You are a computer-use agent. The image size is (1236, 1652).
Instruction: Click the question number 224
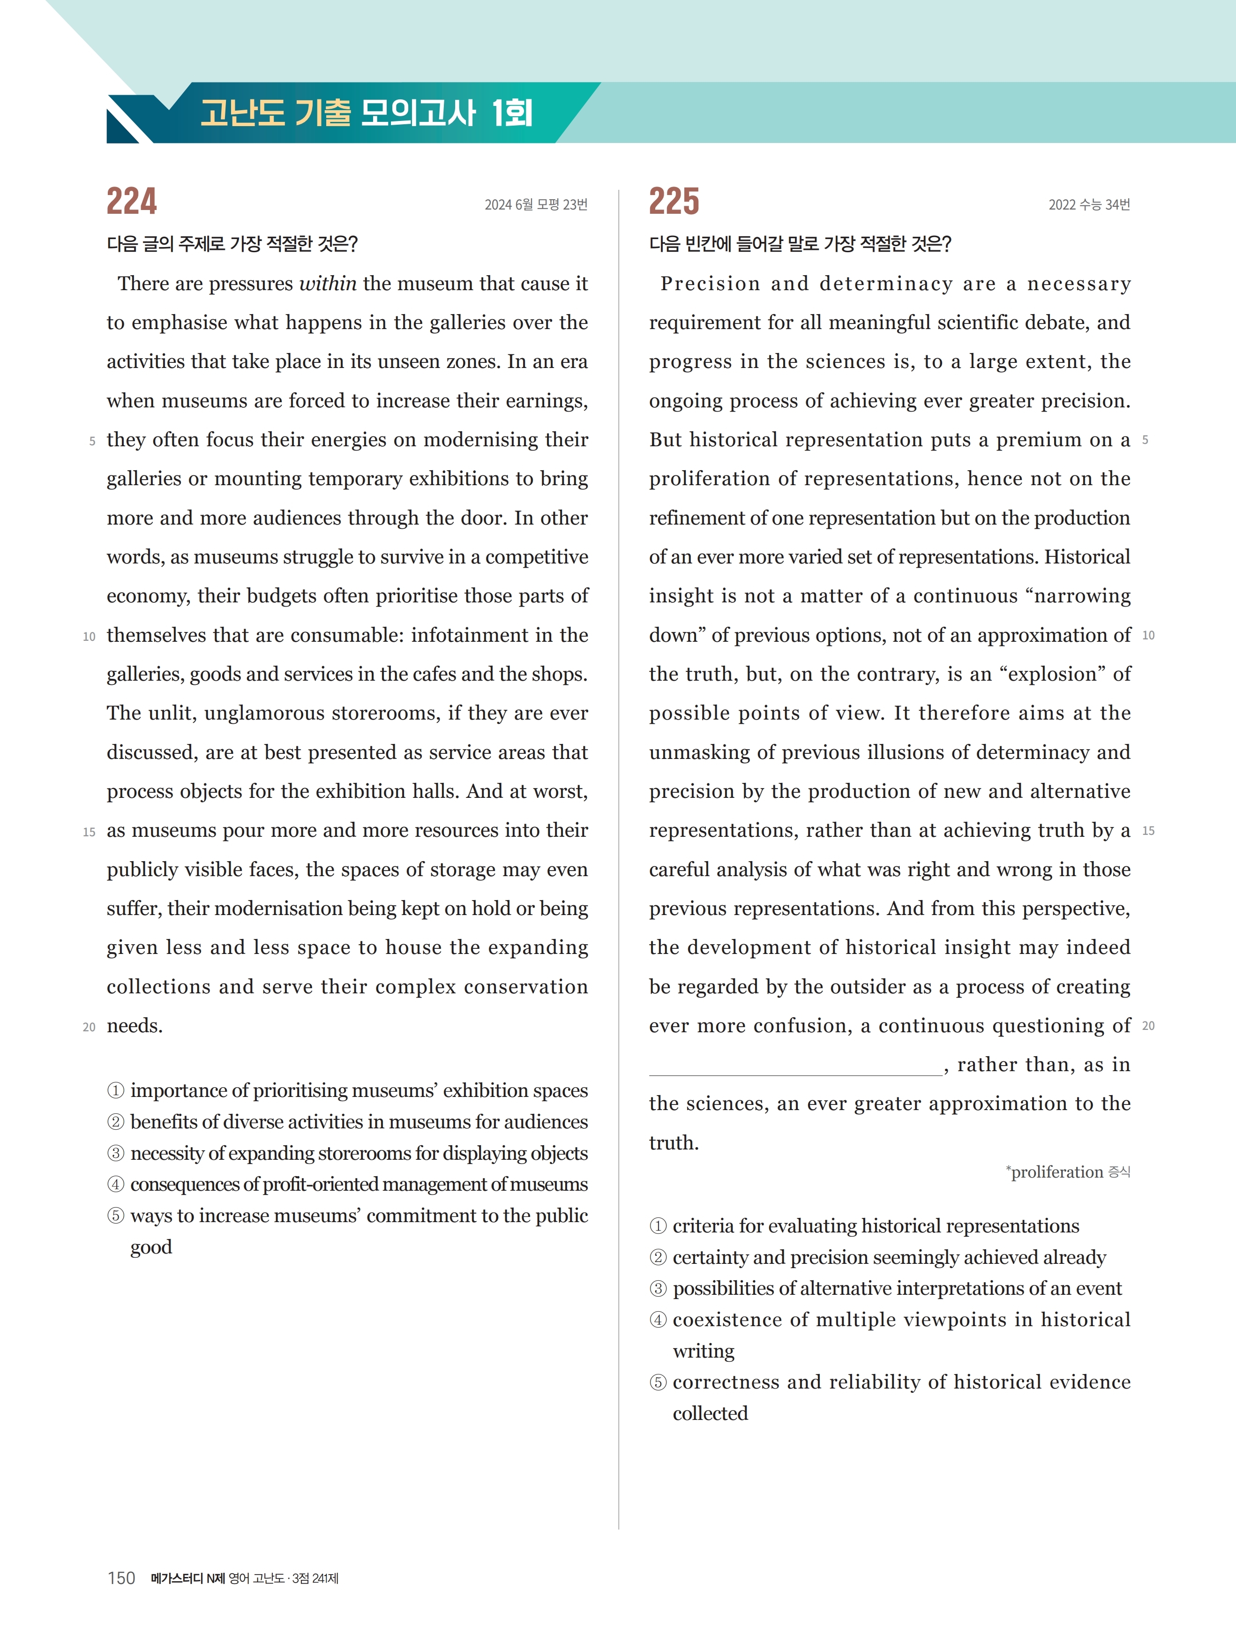click(132, 201)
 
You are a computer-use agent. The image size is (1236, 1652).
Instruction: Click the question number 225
click(674, 201)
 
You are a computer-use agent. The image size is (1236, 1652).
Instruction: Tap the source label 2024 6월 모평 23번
click(535, 205)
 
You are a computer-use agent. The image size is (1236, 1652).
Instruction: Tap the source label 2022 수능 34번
click(1088, 205)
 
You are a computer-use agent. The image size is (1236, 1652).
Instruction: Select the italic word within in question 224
click(328, 284)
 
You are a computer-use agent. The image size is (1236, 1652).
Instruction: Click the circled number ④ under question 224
click(116, 1185)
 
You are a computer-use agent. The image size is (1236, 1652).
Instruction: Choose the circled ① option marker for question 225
click(658, 1226)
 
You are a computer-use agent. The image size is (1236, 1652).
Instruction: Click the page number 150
click(121, 1578)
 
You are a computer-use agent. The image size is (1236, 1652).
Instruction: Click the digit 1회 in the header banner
click(512, 113)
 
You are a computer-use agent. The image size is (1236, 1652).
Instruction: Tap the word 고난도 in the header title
click(243, 113)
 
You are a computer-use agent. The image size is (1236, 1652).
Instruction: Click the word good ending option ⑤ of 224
click(151, 1248)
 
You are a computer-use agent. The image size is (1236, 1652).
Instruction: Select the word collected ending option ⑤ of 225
click(710, 1414)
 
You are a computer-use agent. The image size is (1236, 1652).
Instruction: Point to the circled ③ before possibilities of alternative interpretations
click(658, 1289)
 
